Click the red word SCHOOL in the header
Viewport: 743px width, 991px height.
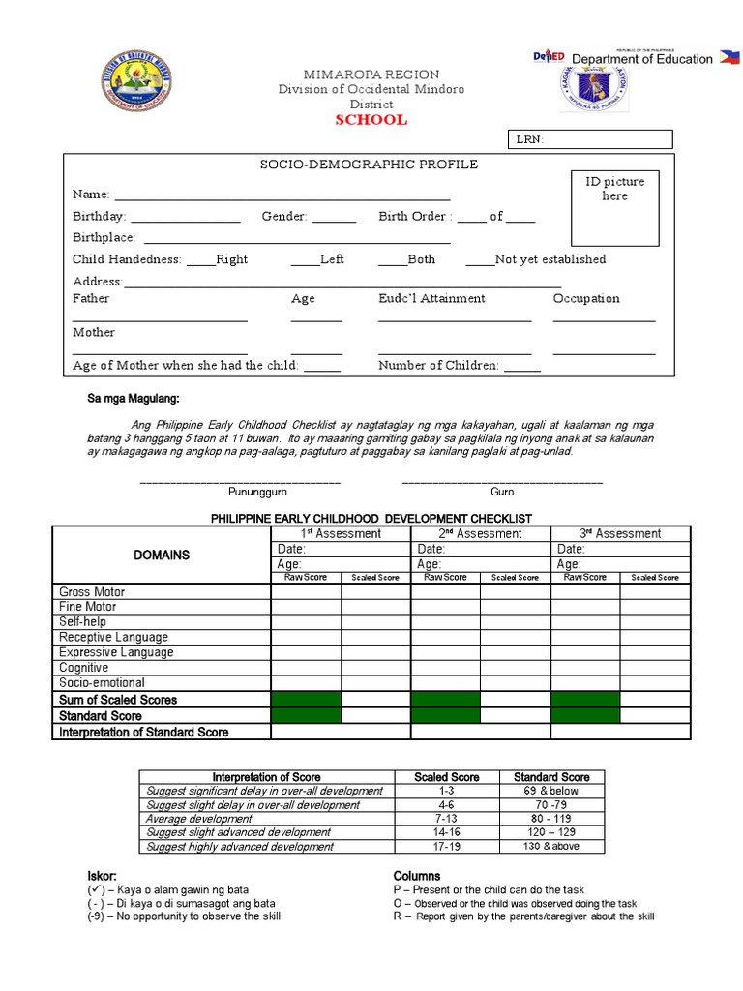pyautogui.click(x=371, y=120)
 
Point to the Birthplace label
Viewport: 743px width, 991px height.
pyautogui.click(x=104, y=237)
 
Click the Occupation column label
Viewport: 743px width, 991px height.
pyautogui.click(x=586, y=299)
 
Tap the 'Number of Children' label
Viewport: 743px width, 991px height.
pyautogui.click(x=438, y=366)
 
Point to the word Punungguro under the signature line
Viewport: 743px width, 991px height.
pyautogui.click(x=241, y=492)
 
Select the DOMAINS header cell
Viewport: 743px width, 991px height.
pyautogui.click(x=162, y=555)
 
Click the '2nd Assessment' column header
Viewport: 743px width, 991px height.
pyautogui.click(x=481, y=533)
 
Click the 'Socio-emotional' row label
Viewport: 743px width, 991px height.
pyautogui.click(x=101, y=682)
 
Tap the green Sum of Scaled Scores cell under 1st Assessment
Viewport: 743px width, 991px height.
pyautogui.click(x=306, y=699)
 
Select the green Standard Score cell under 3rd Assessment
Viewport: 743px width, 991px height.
pyautogui.click(x=585, y=715)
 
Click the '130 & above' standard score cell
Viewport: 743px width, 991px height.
pyautogui.click(x=551, y=846)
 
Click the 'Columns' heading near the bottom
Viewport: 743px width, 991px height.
pyautogui.click(x=417, y=876)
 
